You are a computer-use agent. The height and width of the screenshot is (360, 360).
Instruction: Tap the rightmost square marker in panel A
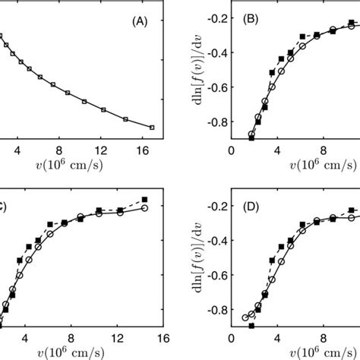(152, 128)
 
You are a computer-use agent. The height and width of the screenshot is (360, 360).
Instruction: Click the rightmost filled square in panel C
(144, 199)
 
